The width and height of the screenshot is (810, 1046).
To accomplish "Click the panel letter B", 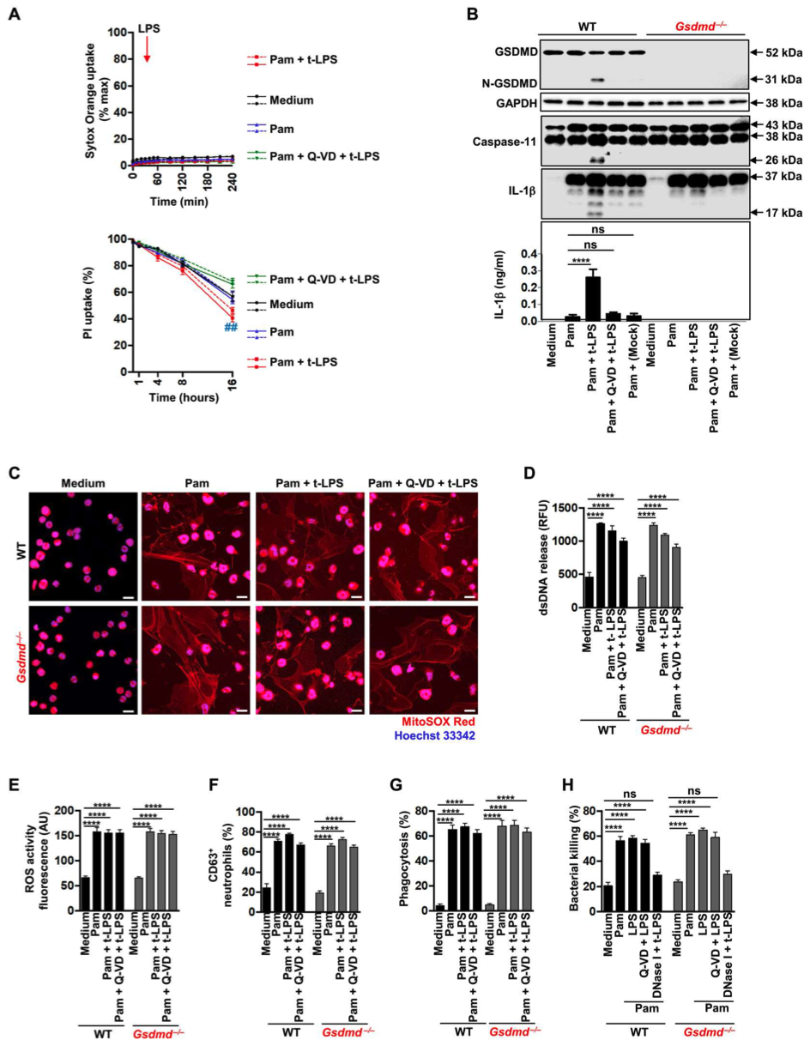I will (470, 15).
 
